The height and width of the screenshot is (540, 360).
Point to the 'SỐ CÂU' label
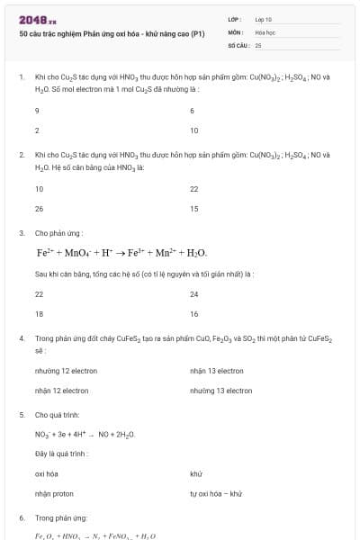pos(237,44)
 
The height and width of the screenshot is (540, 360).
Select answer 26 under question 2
pos(39,209)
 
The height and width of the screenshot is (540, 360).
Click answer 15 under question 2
pos(193,209)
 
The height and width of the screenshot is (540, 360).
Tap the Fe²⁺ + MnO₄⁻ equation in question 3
pos(121,253)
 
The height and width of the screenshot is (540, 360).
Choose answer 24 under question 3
pos(193,294)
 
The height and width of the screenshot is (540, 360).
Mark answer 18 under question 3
pos(39,314)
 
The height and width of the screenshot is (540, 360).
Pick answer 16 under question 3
pos(193,314)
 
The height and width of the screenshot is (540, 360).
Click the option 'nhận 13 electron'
pos(217,371)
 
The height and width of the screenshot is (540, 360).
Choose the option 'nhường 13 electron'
pos(220,391)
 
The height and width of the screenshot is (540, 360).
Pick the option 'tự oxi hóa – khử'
pos(216,493)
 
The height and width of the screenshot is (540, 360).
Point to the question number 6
pos(22,518)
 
